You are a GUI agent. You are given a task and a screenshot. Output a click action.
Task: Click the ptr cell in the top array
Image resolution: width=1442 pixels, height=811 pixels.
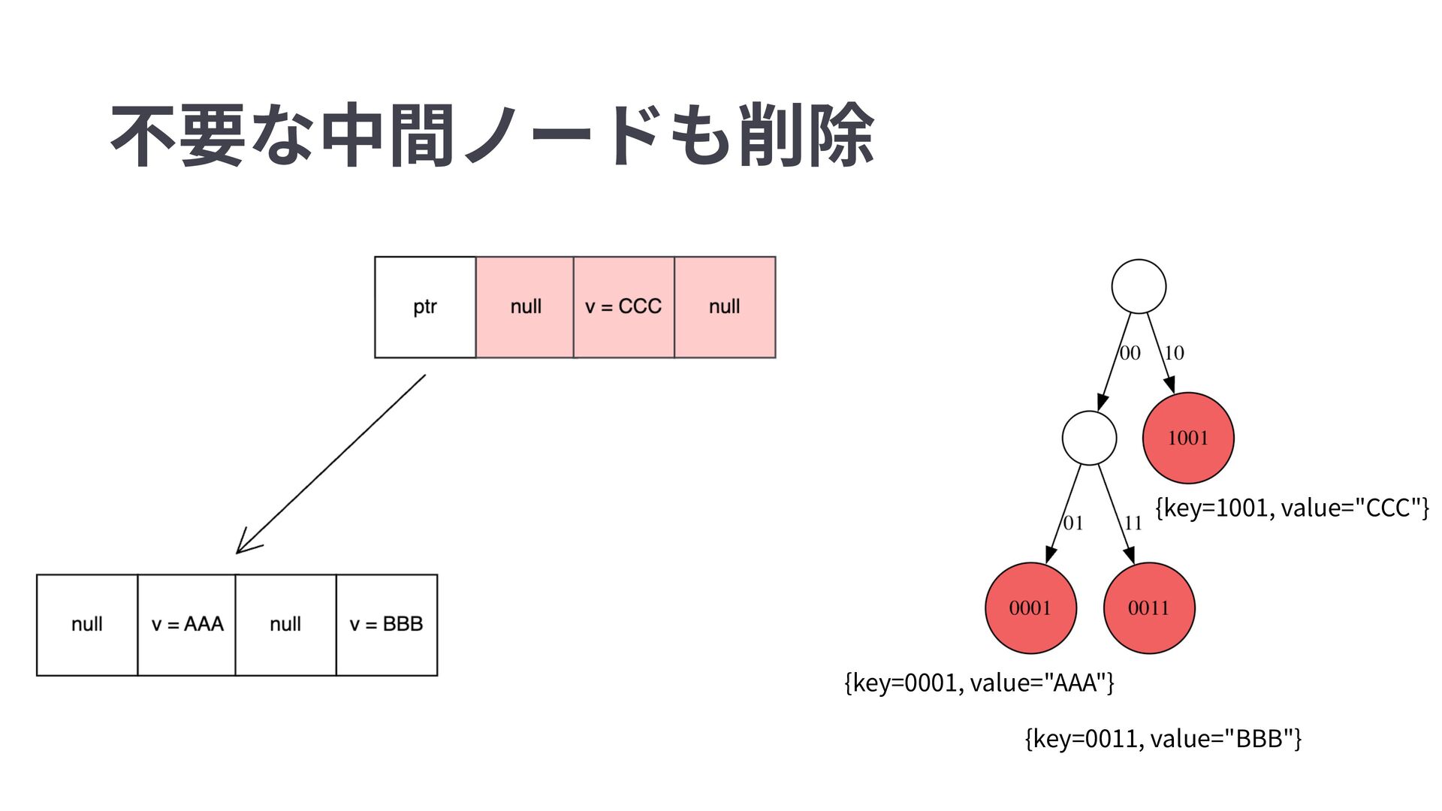pyautogui.click(x=425, y=307)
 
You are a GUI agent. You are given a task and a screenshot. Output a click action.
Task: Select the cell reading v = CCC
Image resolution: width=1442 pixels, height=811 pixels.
pyautogui.click(x=623, y=307)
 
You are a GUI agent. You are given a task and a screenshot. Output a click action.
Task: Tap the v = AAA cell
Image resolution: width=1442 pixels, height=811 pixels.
pyautogui.click(x=187, y=625)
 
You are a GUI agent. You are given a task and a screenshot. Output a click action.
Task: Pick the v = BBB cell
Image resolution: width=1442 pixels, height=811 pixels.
pyautogui.click(x=386, y=625)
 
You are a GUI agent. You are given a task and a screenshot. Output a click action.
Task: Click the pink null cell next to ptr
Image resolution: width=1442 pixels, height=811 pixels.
pyautogui.click(x=525, y=307)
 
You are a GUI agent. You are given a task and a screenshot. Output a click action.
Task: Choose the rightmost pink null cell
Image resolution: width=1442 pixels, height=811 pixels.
pyautogui.click(x=725, y=307)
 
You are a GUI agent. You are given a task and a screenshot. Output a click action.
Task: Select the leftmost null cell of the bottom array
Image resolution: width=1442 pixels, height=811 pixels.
pyautogui.click(x=87, y=625)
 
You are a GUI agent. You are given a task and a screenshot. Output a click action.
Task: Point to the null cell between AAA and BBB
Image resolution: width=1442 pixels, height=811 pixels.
pyautogui.click(x=285, y=625)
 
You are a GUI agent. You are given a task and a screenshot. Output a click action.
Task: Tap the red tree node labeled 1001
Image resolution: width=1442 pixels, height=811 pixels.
pyautogui.click(x=1188, y=438)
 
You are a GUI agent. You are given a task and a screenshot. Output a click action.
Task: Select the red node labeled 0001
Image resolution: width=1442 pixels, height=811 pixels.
pyautogui.click(x=1030, y=608)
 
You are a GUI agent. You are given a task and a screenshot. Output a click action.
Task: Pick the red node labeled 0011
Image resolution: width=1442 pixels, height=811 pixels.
pyautogui.click(x=1149, y=608)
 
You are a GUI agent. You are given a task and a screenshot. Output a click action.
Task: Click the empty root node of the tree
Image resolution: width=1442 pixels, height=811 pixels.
pyautogui.click(x=1139, y=286)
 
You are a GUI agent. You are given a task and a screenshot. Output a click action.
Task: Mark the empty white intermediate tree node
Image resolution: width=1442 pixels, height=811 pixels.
pyautogui.click(x=1089, y=438)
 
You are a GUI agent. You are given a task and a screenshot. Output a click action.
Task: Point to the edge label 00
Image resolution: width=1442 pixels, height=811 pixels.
pyautogui.click(x=1130, y=353)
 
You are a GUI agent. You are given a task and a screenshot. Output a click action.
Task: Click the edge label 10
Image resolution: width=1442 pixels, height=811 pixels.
pyautogui.click(x=1174, y=353)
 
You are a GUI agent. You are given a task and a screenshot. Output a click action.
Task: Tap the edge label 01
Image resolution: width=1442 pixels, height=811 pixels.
pyautogui.click(x=1073, y=523)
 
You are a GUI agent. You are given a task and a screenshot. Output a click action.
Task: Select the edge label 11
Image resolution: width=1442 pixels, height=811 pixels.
pyautogui.click(x=1133, y=523)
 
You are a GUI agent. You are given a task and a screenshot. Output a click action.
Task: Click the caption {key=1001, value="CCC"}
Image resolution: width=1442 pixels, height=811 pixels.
pyautogui.click(x=1292, y=508)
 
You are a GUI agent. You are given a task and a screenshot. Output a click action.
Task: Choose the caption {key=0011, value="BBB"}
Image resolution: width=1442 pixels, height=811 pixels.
pyautogui.click(x=1163, y=739)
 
